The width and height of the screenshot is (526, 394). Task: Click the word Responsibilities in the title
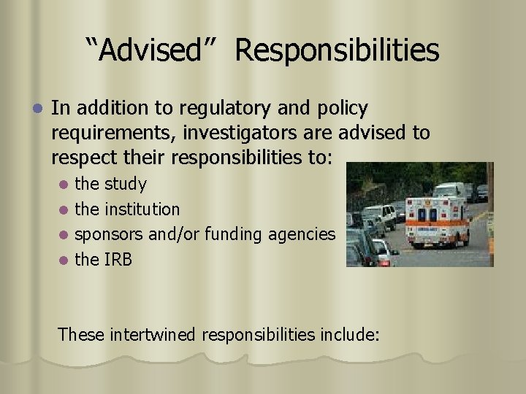338,50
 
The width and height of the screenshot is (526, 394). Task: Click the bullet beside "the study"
65,185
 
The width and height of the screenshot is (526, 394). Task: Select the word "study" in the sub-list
126,184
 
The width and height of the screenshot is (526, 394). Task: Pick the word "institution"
142,209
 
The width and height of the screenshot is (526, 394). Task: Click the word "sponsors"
109,234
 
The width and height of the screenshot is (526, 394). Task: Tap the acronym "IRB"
118,259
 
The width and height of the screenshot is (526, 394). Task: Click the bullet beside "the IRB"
65,260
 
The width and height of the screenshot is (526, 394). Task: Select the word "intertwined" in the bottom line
153,335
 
